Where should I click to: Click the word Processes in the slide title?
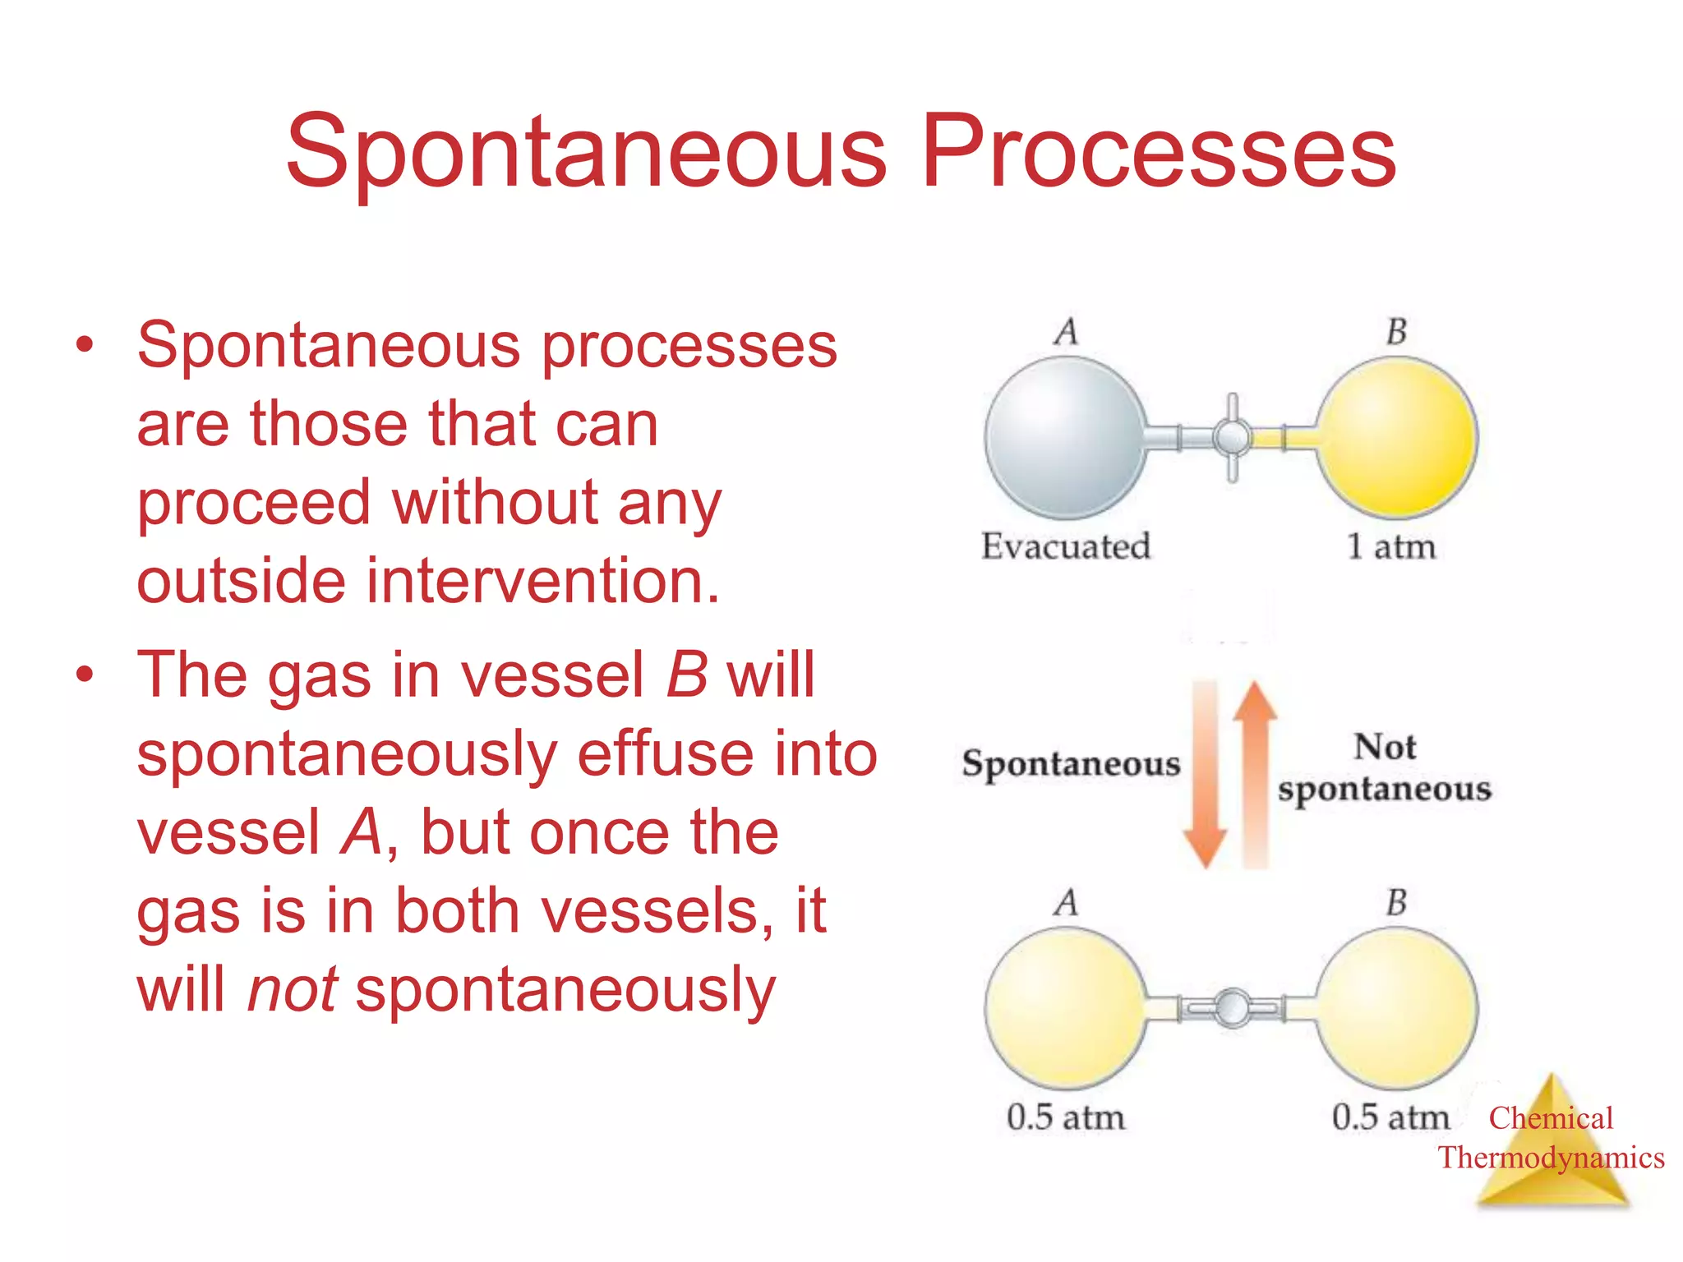pyautogui.click(x=1159, y=152)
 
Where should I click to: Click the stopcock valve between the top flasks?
pyautogui.click(x=1232, y=437)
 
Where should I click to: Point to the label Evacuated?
pyautogui.click(x=1065, y=546)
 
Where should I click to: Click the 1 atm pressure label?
pyautogui.click(x=1390, y=546)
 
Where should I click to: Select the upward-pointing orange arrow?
pyautogui.click(x=1255, y=772)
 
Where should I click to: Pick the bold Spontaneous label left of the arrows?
pyautogui.click(x=1071, y=763)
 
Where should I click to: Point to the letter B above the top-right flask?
pyautogui.click(x=1397, y=331)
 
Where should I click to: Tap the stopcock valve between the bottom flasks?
pyautogui.click(x=1232, y=1007)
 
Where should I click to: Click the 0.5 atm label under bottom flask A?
pyautogui.click(x=1065, y=1117)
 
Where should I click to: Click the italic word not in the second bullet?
pyautogui.click(x=292, y=989)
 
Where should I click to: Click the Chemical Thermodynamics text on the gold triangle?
pyautogui.click(x=1551, y=1138)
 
